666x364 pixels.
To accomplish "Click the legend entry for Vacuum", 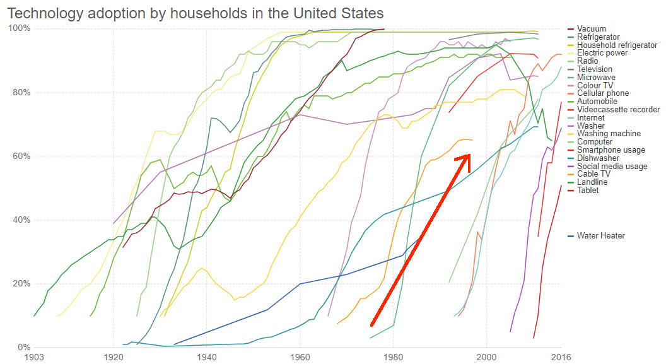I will point(591,29).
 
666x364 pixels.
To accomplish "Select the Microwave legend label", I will point(595,78).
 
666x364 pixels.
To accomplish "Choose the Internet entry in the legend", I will point(590,118).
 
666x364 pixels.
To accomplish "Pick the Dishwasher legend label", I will point(597,158).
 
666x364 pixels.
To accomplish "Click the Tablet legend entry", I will point(588,191).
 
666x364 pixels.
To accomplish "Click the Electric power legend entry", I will point(602,53).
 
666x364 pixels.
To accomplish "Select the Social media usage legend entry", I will point(612,167).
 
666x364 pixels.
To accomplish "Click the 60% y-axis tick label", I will point(18,156).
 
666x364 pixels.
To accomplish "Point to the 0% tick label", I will point(21,348).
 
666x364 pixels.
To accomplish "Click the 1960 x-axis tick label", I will point(300,357).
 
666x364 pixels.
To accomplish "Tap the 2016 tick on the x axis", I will point(561,357).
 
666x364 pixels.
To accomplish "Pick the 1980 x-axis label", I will point(394,357).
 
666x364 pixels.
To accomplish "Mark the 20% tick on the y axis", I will point(18,284).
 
